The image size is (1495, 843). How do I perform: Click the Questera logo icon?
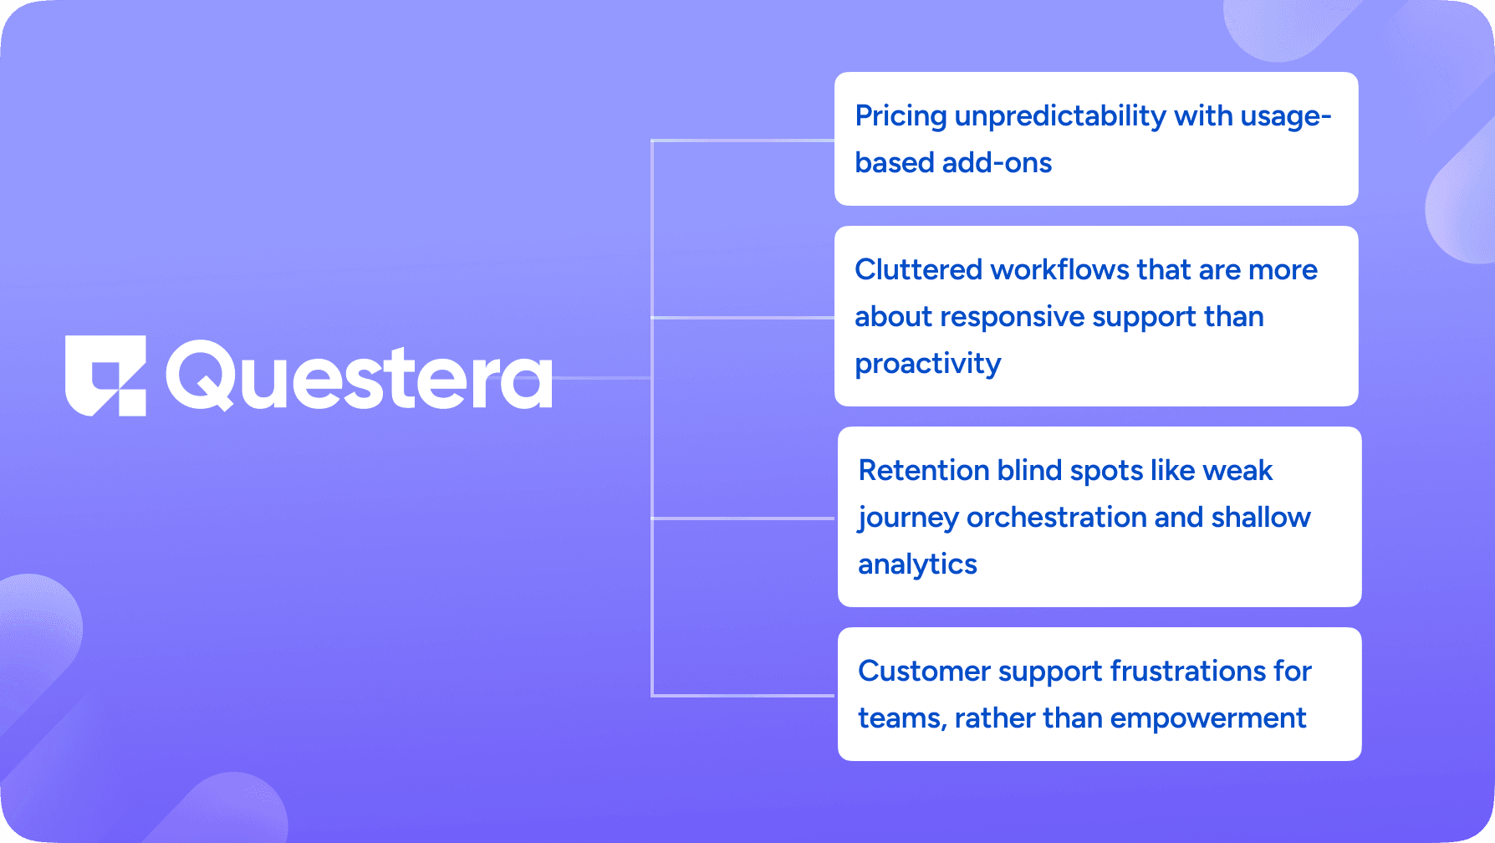pos(106,376)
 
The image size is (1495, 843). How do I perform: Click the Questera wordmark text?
pos(360,376)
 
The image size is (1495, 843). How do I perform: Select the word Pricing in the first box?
pos(901,116)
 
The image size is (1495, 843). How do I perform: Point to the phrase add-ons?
pos(997,162)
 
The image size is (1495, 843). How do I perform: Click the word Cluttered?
pos(918,269)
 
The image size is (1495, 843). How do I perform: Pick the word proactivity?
pos(928,364)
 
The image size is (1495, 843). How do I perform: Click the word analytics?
pos(917,565)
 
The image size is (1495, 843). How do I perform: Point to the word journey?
pos(908,519)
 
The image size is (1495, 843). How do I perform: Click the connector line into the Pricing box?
pos(742,140)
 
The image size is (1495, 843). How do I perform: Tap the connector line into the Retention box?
pos(742,519)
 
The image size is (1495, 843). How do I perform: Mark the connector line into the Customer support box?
pos(742,695)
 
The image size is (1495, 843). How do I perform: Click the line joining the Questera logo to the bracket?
pos(602,378)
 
